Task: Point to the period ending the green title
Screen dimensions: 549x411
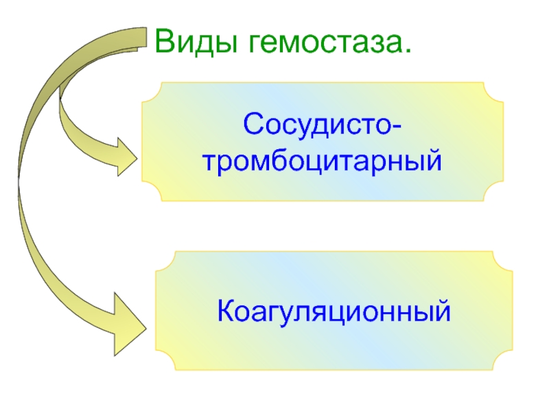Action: point(406,51)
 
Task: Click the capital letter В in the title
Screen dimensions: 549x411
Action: point(165,40)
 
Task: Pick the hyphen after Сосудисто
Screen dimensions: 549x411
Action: point(395,127)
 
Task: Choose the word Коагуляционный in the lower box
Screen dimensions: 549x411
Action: point(334,311)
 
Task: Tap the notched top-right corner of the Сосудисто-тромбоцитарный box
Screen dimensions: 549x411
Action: point(493,92)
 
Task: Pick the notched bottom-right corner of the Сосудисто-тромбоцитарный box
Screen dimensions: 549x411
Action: point(493,191)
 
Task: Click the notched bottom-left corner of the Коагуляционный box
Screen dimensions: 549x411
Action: point(165,360)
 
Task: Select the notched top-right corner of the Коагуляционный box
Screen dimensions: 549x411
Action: point(503,261)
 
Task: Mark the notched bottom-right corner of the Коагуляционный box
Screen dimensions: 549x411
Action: point(503,360)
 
